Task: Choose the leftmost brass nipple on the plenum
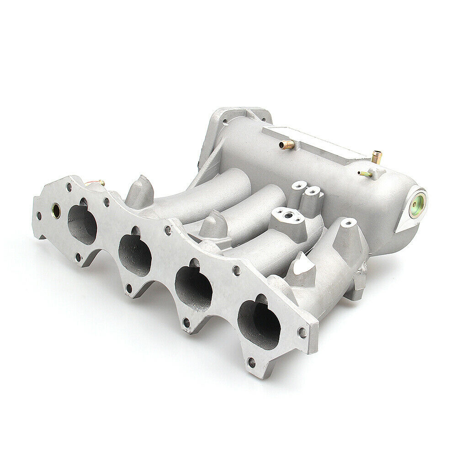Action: point(286,145)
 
